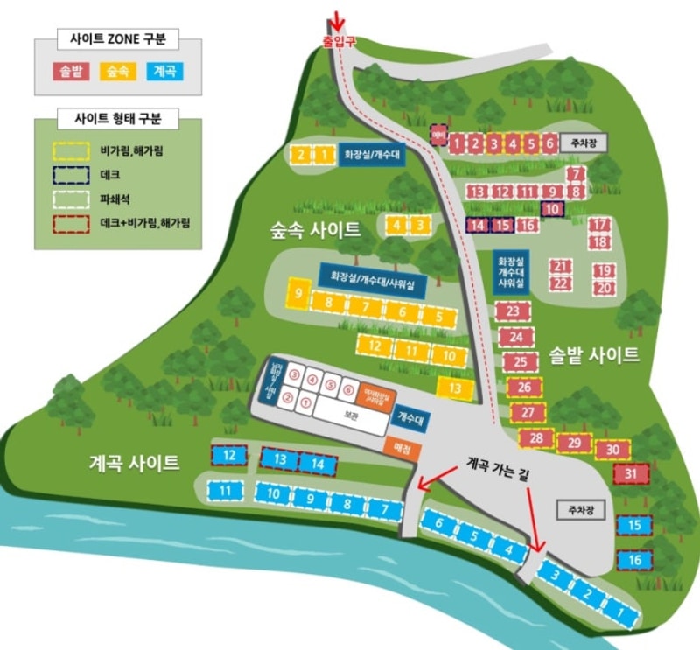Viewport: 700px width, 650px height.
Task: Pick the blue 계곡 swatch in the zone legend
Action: click(x=164, y=71)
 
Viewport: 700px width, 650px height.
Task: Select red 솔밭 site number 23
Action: click(x=514, y=311)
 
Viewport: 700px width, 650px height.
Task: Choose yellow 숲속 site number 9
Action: click(x=298, y=292)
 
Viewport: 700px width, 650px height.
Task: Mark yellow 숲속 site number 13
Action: click(x=455, y=388)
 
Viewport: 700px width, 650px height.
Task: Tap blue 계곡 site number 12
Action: click(x=229, y=455)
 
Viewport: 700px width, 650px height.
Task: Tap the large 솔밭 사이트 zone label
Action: click(x=594, y=355)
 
